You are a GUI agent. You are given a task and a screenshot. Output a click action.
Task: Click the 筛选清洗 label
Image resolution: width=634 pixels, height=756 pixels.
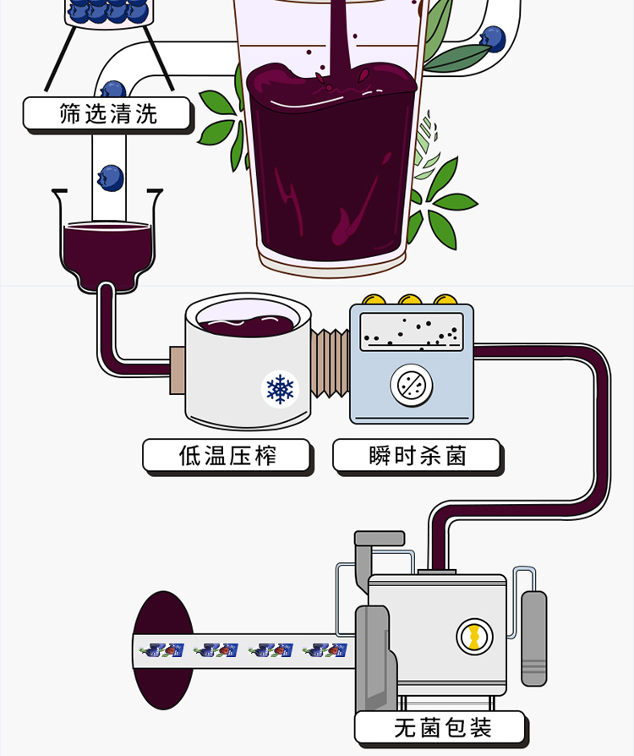point(107,113)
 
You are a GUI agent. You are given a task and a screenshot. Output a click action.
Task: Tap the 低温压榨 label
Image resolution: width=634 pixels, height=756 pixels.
point(227,456)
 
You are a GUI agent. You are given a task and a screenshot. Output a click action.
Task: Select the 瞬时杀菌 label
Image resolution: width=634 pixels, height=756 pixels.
point(418,456)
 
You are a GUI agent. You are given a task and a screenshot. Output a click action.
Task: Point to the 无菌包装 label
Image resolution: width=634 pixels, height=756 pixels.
point(441,727)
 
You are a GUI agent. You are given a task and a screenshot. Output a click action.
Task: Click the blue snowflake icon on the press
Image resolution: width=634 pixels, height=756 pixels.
point(280,389)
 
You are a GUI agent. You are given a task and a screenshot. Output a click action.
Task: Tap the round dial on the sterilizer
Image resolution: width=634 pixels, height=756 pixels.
point(412,385)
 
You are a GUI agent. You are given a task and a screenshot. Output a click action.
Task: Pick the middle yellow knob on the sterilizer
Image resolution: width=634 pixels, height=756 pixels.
point(410,302)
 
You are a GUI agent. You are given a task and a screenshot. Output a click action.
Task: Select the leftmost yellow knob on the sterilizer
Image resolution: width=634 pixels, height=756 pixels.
point(373,302)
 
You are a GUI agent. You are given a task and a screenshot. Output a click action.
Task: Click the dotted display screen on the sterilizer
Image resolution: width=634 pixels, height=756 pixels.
point(412,331)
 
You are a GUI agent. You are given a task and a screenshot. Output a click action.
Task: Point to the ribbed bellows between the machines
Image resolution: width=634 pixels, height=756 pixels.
point(331,363)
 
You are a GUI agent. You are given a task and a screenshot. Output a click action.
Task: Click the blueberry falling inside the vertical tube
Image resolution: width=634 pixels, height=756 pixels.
point(110,178)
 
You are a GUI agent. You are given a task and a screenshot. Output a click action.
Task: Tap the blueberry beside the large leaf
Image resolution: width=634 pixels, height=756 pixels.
point(492,38)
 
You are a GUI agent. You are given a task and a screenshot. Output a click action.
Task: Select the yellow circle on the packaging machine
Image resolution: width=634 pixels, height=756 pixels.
point(474,636)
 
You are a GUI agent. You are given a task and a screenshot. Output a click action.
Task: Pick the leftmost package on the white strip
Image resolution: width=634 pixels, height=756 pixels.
point(163,650)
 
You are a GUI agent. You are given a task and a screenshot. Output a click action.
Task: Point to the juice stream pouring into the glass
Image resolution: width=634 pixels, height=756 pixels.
point(340,34)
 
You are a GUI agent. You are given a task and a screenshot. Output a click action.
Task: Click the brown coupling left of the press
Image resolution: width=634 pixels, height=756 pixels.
point(178,370)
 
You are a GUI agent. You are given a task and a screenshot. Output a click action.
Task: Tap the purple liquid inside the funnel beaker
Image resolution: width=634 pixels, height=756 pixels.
point(107,245)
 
